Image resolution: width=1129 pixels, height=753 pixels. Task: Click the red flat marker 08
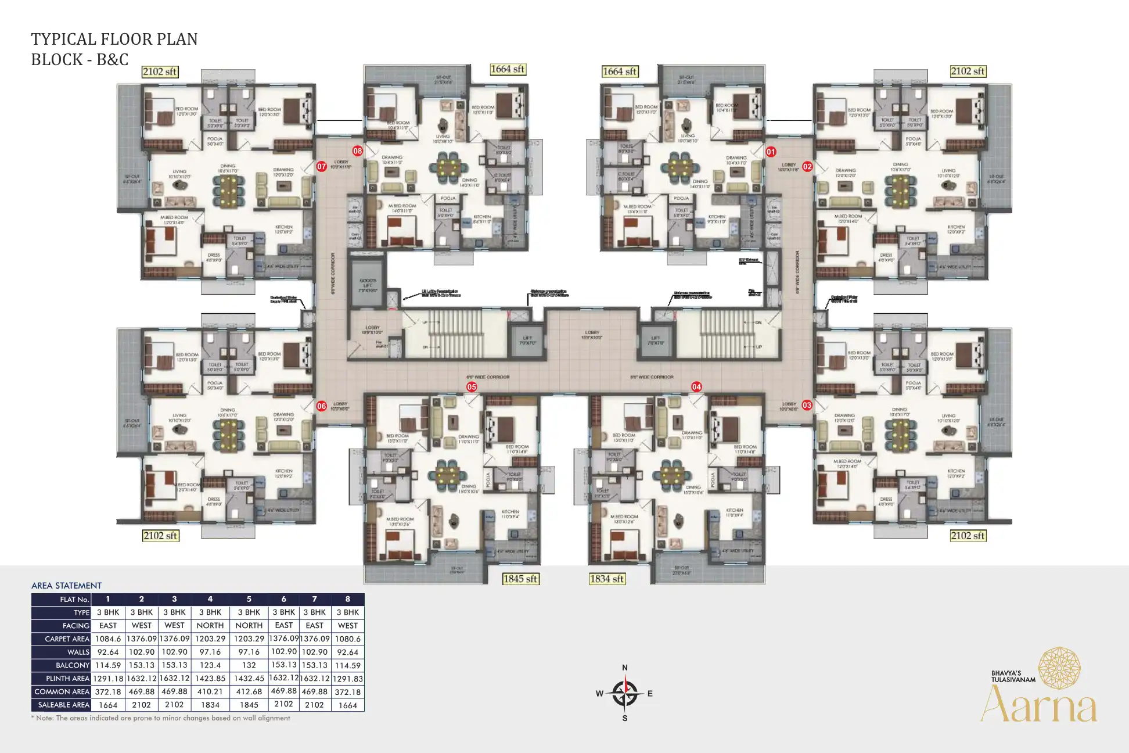click(357, 151)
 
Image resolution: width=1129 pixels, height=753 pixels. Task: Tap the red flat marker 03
click(807, 405)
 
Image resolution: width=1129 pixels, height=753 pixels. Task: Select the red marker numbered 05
click(472, 387)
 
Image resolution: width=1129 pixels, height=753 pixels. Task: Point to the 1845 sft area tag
click(520, 579)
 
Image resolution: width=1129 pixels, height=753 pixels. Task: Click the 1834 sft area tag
click(607, 579)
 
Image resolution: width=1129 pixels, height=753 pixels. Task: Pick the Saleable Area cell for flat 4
click(210, 705)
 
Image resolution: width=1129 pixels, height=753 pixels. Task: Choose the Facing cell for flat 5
click(249, 626)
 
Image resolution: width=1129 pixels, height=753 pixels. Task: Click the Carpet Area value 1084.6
click(108, 639)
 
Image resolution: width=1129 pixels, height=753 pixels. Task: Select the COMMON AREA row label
click(62, 692)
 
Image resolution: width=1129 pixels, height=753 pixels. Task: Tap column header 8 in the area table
click(347, 599)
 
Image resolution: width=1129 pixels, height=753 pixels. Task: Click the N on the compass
click(625, 668)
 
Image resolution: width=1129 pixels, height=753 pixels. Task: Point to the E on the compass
click(650, 693)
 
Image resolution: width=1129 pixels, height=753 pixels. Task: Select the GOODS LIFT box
click(367, 285)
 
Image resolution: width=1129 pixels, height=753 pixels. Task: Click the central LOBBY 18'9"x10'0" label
click(592, 335)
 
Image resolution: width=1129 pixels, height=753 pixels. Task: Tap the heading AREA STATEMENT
click(66, 586)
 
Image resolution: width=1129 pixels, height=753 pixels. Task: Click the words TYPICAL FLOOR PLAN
click(114, 40)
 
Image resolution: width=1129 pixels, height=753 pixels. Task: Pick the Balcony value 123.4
click(210, 665)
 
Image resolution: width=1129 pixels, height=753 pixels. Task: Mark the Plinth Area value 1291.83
click(347, 679)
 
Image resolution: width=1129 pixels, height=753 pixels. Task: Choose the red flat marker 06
click(322, 406)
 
